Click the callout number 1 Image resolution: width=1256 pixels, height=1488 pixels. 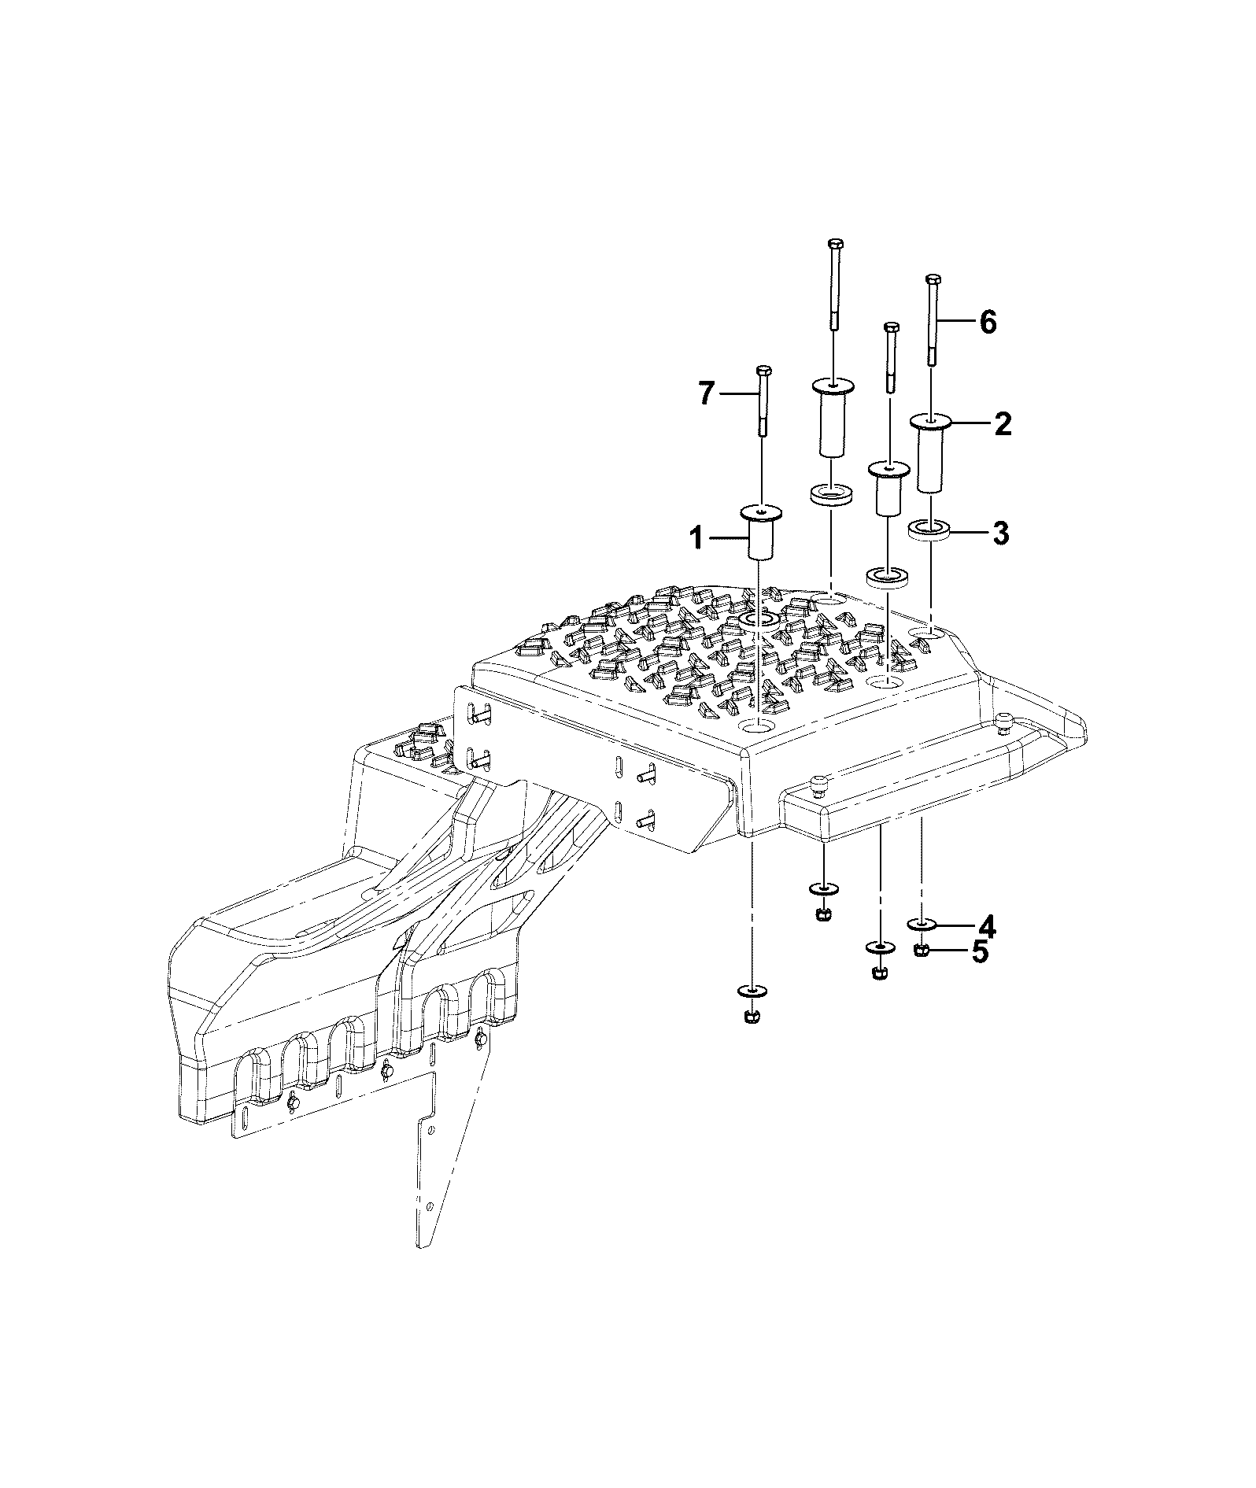point(696,539)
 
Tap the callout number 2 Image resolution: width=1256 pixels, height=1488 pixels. point(1002,425)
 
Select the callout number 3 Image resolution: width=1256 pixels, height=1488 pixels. point(1000,534)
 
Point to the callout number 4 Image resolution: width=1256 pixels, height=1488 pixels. point(986,927)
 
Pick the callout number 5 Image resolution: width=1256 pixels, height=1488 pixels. point(979,951)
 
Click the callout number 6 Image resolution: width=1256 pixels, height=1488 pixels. point(987,322)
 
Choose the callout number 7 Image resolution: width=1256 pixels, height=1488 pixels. point(707,393)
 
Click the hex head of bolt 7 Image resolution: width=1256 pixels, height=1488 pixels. point(763,371)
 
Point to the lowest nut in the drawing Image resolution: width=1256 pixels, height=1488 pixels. point(751,1016)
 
